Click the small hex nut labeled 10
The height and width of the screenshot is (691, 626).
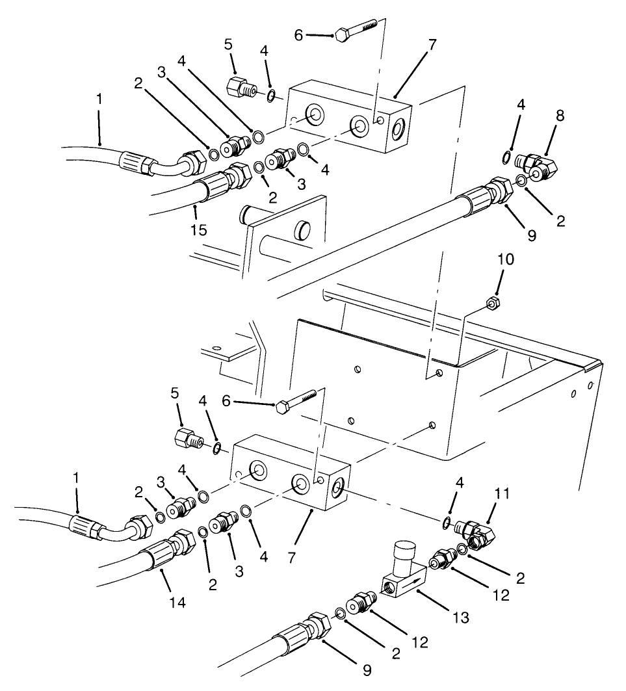492,302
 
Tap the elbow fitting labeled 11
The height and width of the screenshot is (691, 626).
478,532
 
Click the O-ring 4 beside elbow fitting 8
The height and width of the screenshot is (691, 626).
506,156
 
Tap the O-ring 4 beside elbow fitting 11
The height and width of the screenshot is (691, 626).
446,523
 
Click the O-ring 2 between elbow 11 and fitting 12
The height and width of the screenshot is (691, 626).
462,549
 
